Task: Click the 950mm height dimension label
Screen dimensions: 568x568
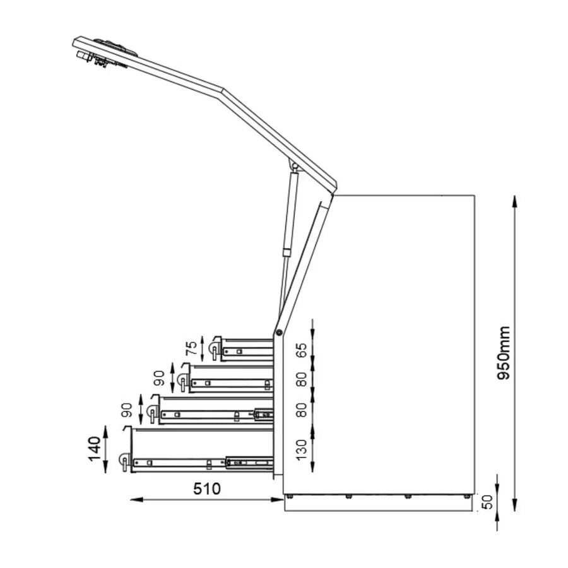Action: pos(505,353)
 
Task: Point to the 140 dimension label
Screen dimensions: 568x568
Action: pos(95,449)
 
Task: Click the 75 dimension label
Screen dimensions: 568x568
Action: pos(190,348)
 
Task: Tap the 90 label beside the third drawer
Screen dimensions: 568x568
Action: pos(126,410)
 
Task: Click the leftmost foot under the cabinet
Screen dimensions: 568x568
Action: pos(290,497)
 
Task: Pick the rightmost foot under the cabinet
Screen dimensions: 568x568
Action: pos(466,497)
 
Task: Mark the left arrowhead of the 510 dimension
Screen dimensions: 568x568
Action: pos(134,499)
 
